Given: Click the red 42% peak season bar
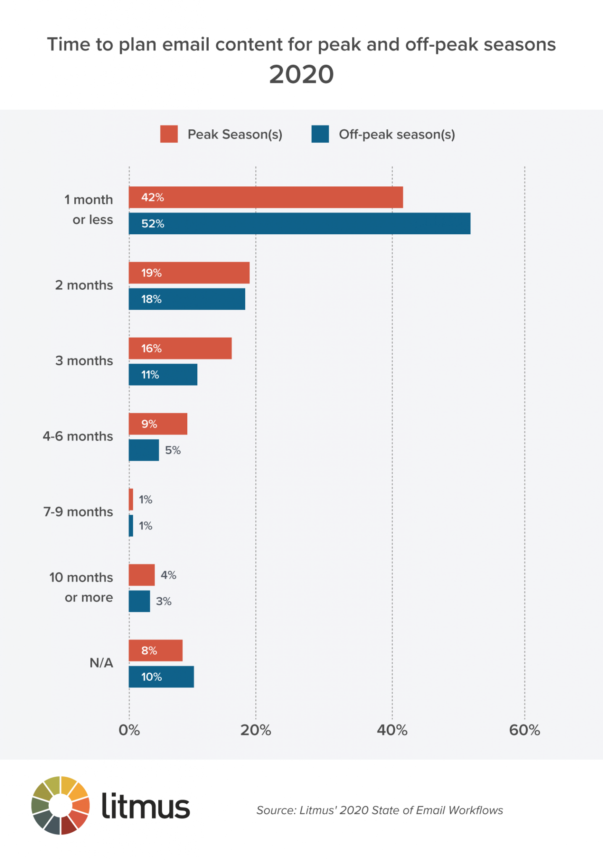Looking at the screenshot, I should point(265,197).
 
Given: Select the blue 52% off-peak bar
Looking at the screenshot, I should point(299,223).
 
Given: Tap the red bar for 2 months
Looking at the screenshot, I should point(189,273).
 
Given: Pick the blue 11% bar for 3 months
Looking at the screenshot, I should point(163,375).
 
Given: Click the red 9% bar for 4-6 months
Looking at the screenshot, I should point(158,424).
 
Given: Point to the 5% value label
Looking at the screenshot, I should point(173,451).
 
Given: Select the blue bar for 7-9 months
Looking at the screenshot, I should point(131,526).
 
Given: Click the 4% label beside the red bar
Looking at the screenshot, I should point(168,575).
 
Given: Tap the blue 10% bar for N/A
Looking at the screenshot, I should point(161,677).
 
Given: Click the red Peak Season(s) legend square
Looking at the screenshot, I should point(169,134).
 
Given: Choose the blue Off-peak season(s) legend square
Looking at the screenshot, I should point(320,134).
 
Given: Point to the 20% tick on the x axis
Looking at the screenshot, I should point(256,731).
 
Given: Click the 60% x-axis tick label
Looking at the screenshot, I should point(524,731).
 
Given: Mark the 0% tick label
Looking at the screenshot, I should point(129,731).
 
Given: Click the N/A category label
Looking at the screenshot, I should point(101,663).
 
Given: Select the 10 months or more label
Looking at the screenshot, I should point(81,587).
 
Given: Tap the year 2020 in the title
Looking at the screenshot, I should point(301,75).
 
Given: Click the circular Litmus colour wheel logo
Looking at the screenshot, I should point(60,805).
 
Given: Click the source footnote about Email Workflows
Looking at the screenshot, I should point(380,810).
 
